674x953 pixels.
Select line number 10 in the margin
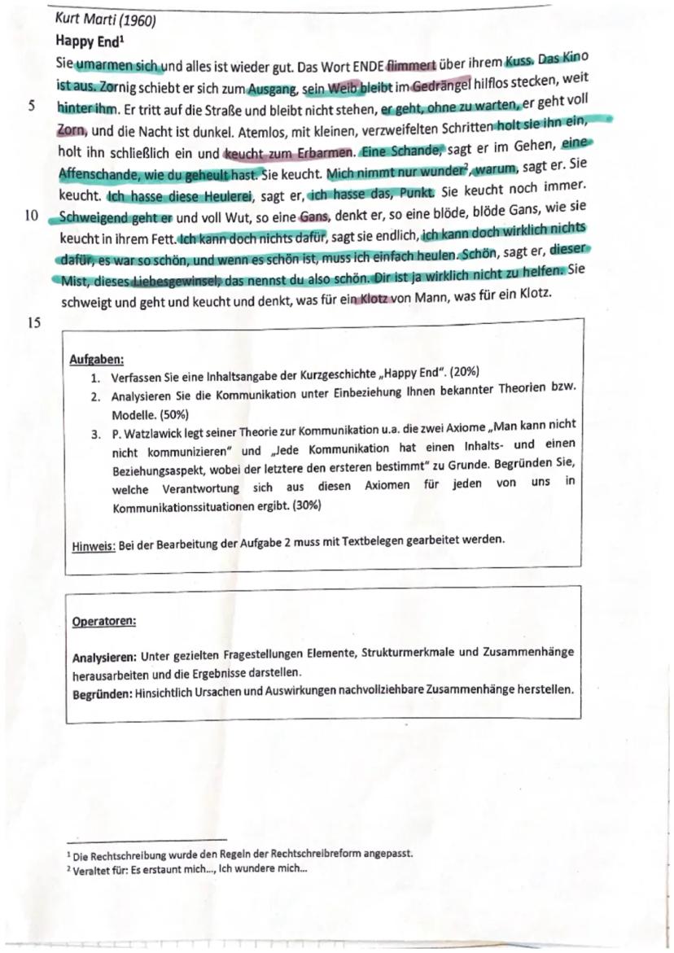tap(31, 216)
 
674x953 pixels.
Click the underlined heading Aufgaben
tap(96, 358)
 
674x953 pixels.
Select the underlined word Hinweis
tap(93, 540)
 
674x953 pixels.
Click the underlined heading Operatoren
tap(103, 621)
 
